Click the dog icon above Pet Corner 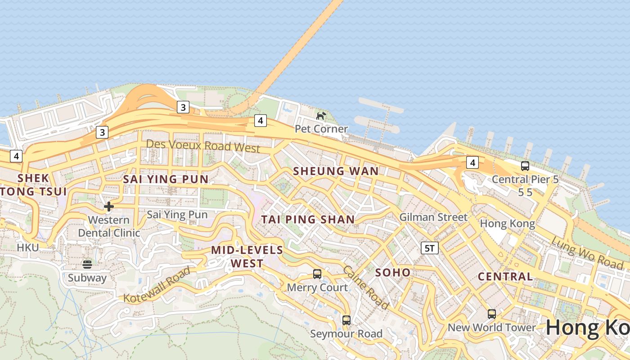click(321, 116)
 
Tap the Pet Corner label click(321, 129)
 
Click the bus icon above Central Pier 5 click(525, 166)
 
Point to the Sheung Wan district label click(336, 171)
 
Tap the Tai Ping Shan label click(308, 220)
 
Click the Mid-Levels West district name click(247, 256)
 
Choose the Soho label click(393, 272)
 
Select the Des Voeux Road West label click(203, 146)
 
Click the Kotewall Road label click(157, 285)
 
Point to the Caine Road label click(366, 288)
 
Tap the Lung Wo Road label click(587, 253)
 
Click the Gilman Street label click(434, 217)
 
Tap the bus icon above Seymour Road click(346, 320)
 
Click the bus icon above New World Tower click(492, 314)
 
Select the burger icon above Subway click(87, 264)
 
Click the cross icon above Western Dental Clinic click(108, 207)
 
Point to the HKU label click(28, 247)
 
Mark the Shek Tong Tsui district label click(34, 184)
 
